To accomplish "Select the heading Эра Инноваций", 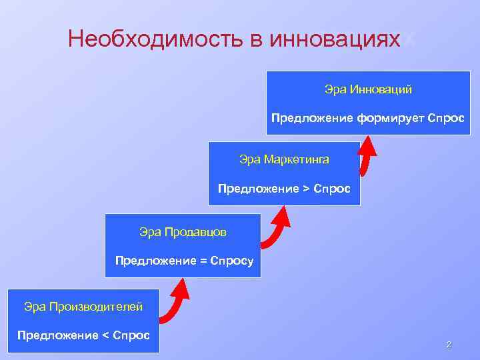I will (x=368, y=89).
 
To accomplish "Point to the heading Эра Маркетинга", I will (x=284, y=159).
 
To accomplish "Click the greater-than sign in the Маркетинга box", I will (x=306, y=189).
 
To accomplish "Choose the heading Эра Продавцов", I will (x=183, y=232).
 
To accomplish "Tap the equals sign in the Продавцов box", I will (x=203, y=261).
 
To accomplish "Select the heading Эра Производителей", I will (x=83, y=307).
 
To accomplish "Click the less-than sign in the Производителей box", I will (x=106, y=334).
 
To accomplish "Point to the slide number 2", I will (x=449, y=345).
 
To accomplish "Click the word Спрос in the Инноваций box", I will (x=447, y=118).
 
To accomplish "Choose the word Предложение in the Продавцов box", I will (x=155, y=261).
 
